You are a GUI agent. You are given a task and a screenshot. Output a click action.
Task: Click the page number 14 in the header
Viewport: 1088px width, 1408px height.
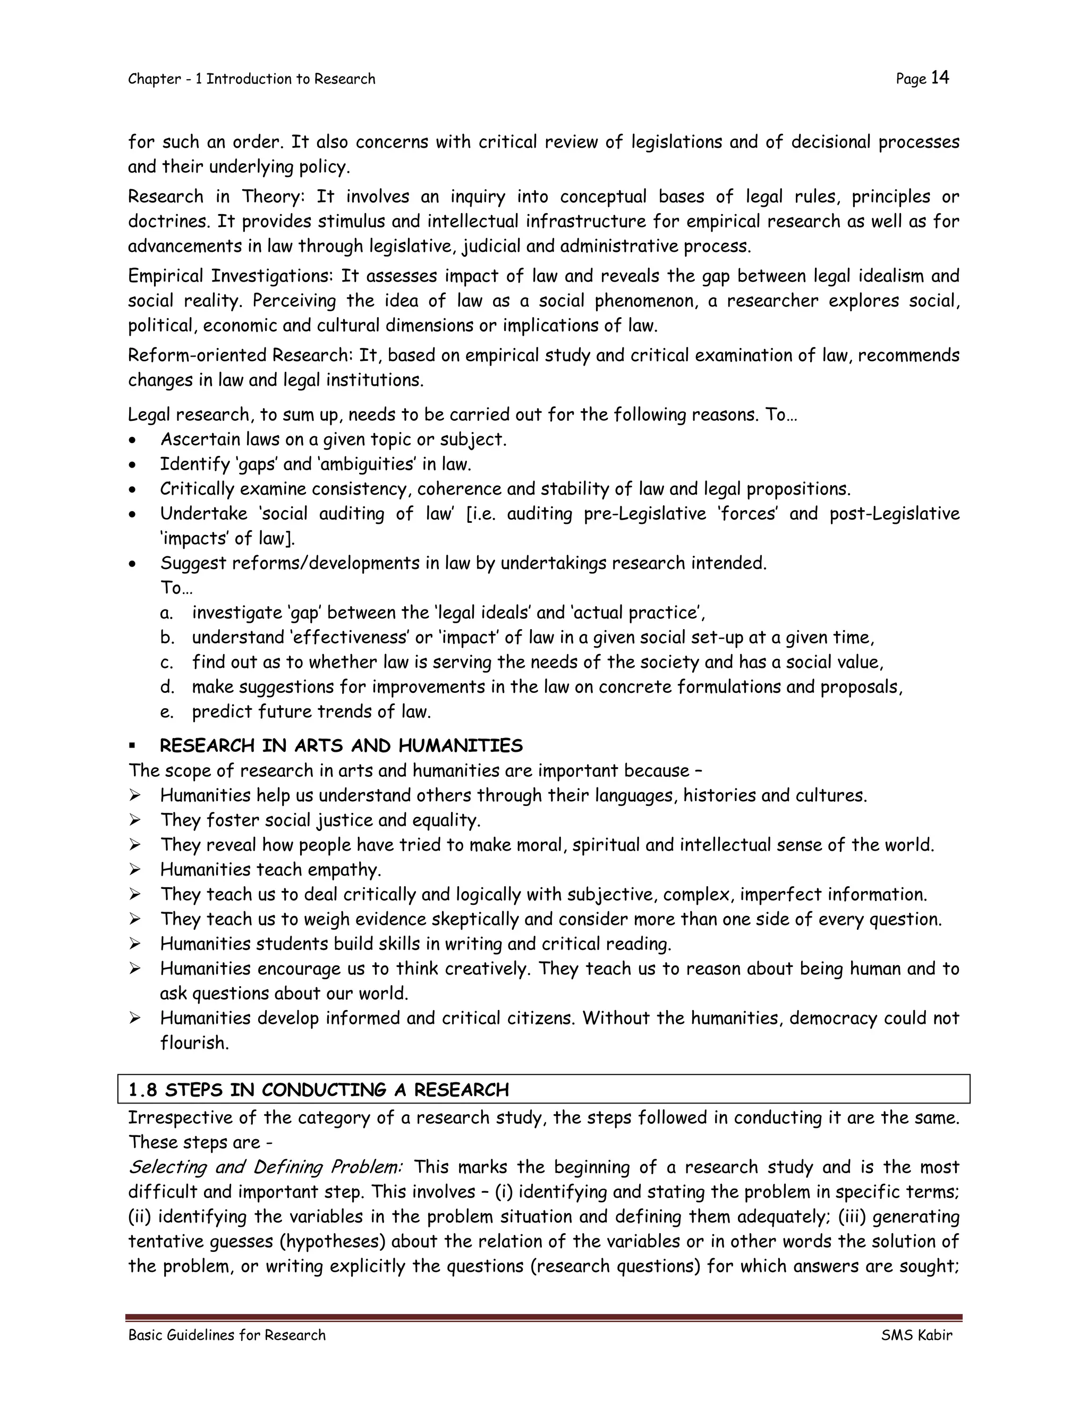point(940,78)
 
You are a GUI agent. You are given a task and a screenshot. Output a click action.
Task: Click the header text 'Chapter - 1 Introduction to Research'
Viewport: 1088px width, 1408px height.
point(251,79)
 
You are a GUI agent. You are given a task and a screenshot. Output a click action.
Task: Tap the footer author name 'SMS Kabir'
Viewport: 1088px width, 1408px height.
point(916,1335)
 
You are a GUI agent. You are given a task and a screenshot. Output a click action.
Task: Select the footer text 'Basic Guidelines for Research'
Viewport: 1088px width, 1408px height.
point(227,1335)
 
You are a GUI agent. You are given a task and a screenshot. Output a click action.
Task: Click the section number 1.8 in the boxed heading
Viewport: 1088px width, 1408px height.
point(142,1090)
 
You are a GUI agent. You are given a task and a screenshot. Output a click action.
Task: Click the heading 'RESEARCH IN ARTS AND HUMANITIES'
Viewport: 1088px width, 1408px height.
point(341,746)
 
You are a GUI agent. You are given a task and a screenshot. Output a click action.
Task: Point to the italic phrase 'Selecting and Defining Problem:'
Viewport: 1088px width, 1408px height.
point(265,1167)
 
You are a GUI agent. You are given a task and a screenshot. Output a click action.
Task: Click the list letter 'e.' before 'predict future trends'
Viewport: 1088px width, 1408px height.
point(167,712)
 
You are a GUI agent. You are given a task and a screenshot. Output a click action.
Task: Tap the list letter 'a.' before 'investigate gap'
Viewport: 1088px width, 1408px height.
point(167,613)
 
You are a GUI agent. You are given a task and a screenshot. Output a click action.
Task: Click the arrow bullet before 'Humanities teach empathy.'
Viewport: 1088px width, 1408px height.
point(135,870)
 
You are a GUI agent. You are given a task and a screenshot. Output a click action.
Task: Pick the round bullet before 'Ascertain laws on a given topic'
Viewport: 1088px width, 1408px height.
point(132,440)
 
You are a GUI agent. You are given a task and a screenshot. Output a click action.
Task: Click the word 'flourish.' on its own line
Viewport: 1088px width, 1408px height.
point(194,1042)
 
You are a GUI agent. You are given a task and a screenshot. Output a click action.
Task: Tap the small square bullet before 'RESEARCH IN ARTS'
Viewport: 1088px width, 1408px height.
point(132,746)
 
